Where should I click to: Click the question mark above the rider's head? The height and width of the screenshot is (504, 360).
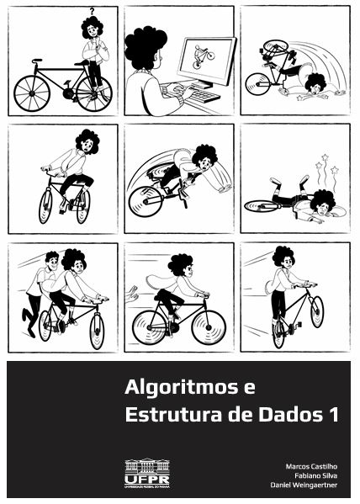pos(91,11)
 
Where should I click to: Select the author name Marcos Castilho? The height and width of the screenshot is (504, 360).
pos(311,465)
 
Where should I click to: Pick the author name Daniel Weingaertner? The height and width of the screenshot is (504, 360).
pos(304,485)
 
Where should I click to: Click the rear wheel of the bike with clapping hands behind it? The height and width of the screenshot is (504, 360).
pos(149,326)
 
